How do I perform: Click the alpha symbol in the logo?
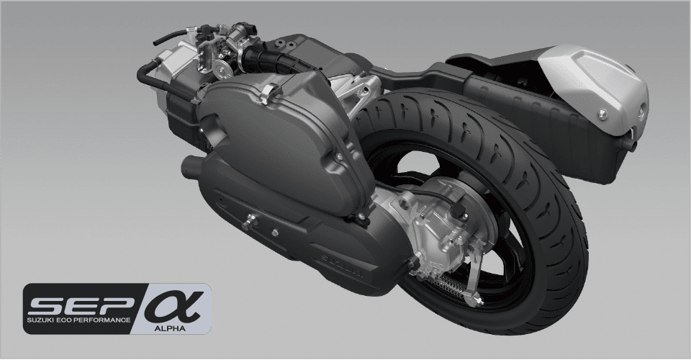click(x=174, y=305)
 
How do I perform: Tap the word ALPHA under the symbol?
click(x=170, y=328)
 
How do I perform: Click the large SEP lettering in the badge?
click(x=81, y=305)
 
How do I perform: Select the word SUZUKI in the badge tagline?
click(x=39, y=320)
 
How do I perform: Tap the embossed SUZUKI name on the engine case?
click(x=342, y=265)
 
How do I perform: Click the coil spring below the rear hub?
click(x=446, y=287)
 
